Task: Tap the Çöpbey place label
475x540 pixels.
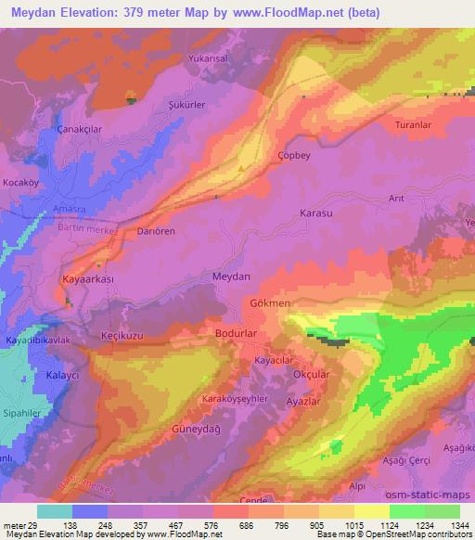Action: [x=293, y=157]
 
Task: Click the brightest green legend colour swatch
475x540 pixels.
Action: [x=407, y=511]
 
